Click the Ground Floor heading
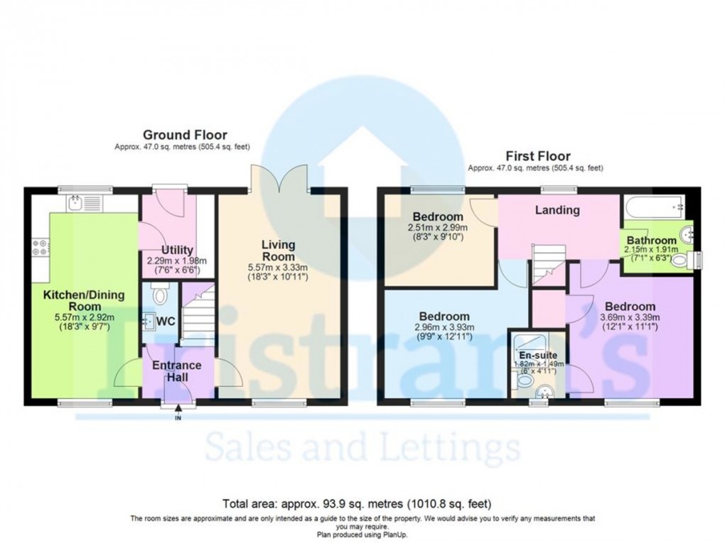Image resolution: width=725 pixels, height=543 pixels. point(185,135)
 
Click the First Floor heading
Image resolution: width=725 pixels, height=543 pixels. point(537,156)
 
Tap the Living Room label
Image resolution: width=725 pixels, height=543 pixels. point(278,251)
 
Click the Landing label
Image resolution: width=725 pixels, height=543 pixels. point(557,210)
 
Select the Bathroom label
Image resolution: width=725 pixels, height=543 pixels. point(651,241)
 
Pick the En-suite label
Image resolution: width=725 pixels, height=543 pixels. point(538,355)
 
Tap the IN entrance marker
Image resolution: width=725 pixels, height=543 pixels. point(178,417)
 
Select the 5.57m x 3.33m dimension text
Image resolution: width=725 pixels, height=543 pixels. point(278,267)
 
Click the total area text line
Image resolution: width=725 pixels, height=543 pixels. point(357,505)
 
